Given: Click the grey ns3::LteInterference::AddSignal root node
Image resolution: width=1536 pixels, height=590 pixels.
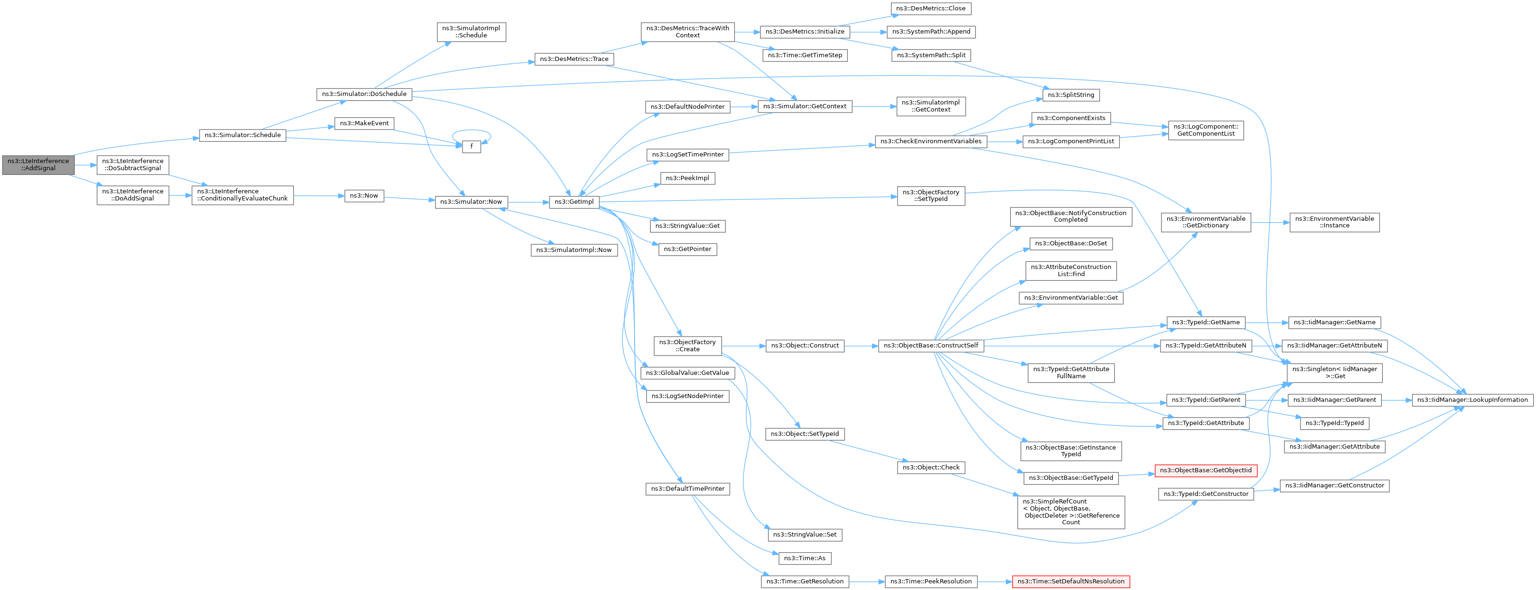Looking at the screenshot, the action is coord(38,165).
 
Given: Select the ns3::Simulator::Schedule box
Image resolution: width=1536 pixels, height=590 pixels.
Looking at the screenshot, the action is coord(243,135).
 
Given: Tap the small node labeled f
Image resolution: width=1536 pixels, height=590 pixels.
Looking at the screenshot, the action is coord(471,147).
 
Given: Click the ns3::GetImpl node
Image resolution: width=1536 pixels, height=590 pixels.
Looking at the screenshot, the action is coord(574,202).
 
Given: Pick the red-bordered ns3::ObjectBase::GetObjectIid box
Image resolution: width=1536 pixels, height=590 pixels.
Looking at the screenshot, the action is coord(1205,471).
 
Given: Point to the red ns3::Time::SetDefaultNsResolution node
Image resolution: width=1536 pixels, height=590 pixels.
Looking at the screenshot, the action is coord(1071,581).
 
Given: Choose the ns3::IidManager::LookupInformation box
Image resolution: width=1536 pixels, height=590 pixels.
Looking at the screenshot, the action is coord(1472,400).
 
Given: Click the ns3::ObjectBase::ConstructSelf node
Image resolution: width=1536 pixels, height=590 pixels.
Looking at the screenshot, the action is coord(931,346).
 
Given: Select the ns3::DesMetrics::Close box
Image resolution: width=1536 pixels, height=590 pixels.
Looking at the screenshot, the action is coord(931,9).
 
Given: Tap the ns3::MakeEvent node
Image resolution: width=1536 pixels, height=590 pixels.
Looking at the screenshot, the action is coord(364,123).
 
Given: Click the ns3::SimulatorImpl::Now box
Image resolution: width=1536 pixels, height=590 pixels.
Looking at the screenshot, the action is coord(574,250).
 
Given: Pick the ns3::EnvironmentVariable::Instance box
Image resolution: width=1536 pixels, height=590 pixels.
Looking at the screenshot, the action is coord(1335,222).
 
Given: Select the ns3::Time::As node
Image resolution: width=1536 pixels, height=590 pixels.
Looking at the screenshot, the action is coord(804,558).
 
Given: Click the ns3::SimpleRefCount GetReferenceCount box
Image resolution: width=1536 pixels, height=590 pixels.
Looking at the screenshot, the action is coord(1071,512).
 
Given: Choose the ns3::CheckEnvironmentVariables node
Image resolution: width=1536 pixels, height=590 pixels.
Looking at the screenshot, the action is coord(931,142).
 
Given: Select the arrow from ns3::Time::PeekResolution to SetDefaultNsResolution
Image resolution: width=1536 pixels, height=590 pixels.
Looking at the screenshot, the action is coord(995,581).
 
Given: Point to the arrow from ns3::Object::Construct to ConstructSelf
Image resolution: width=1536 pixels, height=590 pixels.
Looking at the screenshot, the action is coord(861,346).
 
